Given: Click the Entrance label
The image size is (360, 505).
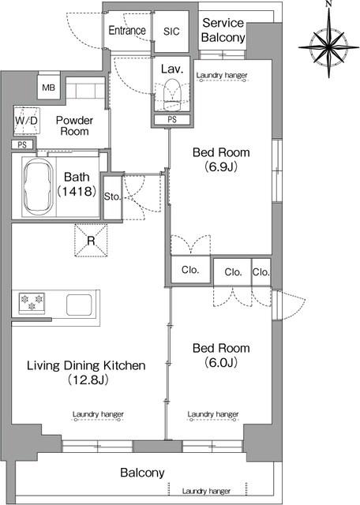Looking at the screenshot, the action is point(127,30).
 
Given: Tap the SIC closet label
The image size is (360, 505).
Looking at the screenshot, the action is point(171,32).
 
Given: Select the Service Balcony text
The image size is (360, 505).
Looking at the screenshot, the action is point(223,30).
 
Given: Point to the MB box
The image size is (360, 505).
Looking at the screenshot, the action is point(48,88).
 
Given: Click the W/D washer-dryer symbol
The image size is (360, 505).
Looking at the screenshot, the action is point(27,121).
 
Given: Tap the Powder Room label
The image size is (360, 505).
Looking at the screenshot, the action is point(74,126).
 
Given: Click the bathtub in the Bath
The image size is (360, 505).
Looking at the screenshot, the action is point(39,188).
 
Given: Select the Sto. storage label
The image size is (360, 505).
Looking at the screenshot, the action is point(112,196).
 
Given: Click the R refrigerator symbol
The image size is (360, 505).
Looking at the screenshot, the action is point(91,240).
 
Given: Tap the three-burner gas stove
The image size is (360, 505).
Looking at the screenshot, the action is point(32,303).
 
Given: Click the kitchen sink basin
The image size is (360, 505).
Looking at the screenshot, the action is point(79,305).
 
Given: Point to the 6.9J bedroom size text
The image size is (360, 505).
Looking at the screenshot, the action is point(221,166).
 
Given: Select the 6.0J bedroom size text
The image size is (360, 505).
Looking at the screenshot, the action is point(221,363).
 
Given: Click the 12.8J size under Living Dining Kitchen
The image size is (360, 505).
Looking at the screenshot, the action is point(88,380).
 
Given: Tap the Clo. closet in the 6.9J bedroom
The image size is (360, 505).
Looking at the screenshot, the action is point(190,270).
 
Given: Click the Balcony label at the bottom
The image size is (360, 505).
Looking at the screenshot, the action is point(142,473).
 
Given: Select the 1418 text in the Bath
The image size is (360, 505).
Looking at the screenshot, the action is point(77,192).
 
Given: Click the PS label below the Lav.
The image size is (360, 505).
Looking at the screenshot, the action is point(172,119).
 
